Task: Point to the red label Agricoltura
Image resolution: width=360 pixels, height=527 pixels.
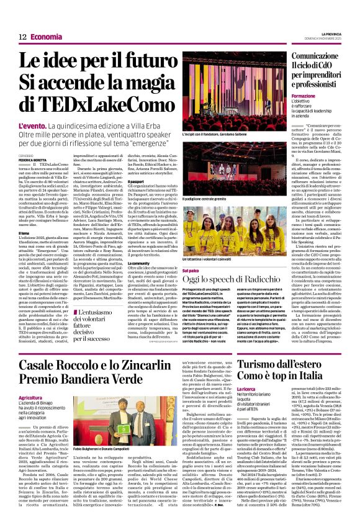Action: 30,397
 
